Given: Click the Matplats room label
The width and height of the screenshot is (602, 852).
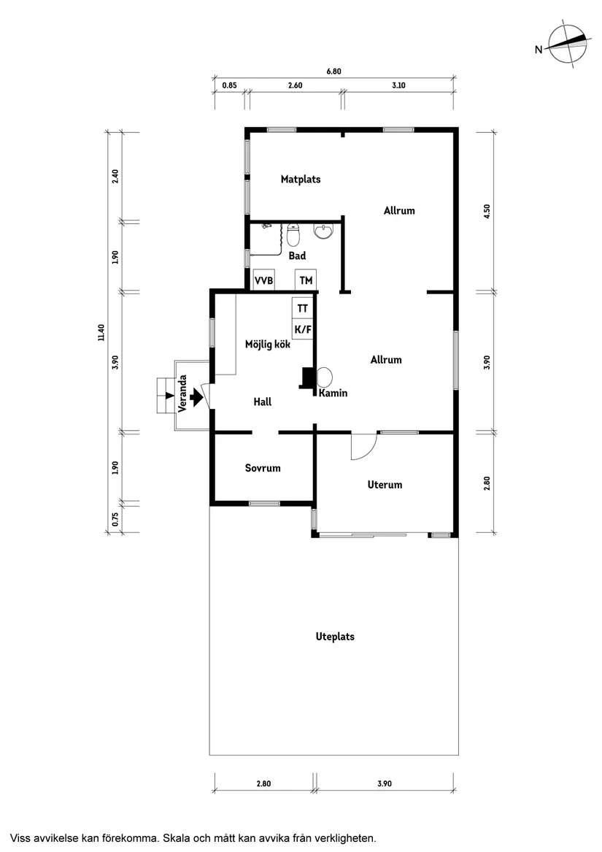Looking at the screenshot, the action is tap(301, 180).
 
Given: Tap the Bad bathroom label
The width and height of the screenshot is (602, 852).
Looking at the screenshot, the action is tap(297, 256).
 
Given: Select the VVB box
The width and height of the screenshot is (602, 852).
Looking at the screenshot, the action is tap(264, 280).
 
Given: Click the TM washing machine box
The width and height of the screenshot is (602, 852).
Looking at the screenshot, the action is tap(306, 280).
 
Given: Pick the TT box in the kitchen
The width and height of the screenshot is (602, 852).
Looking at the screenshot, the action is tap(303, 308).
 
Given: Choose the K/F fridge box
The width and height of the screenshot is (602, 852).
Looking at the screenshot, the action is tap(303, 329).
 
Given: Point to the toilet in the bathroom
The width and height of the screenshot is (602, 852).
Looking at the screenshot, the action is tap(293, 235).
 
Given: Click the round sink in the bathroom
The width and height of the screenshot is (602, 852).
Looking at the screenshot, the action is tap(324, 231).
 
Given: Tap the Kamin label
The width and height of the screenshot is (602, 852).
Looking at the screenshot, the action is tap(333, 393).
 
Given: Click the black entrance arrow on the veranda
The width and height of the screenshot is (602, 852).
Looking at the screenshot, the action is tap(196, 398).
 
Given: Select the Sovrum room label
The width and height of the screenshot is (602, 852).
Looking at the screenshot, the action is tap(263, 468).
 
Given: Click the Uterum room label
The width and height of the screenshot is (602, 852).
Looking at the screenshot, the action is tap(385, 485).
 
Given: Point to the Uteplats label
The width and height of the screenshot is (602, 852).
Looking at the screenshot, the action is tap(335, 637).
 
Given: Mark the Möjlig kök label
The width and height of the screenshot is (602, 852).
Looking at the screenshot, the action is tap(268, 345).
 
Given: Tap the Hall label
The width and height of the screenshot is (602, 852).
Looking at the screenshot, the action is tap(263, 402).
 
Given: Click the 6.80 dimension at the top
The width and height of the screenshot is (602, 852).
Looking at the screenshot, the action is tap(333, 71).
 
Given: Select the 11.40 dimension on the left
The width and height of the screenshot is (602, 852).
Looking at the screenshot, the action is tap(101, 332).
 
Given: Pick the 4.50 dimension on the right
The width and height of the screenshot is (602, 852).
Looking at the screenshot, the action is tap(487, 211).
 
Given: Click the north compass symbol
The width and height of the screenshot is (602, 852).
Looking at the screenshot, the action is tap(567, 45).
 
